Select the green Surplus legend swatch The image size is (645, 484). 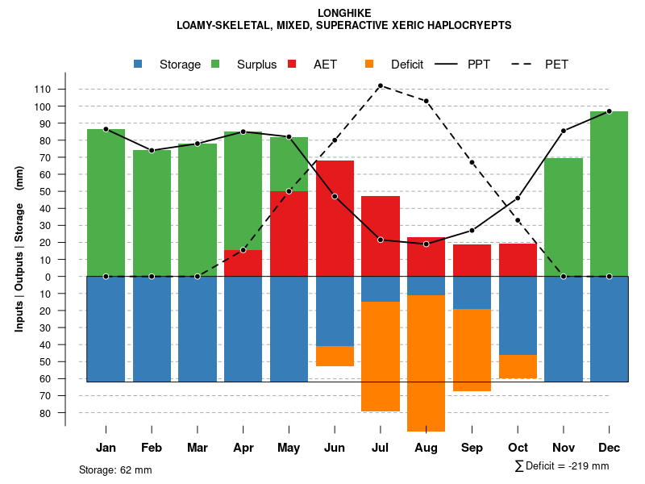[x=215, y=65]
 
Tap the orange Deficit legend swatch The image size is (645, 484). [x=369, y=65]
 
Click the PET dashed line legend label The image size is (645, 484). [x=556, y=65]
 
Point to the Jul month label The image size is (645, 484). [x=381, y=447]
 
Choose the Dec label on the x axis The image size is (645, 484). [x=609, y=447]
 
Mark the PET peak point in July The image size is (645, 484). [x=381, y=86]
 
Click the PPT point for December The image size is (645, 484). [x=609, y=111]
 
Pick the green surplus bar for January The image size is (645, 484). [x=106, y=202]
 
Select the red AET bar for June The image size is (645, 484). [x=335, y=218]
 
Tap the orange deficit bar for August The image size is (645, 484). [x=427, y=363]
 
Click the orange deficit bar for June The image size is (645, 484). [x=335, y=356]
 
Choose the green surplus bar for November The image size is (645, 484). [x=564, y=218]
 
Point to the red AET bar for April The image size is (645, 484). [x=243, y=263]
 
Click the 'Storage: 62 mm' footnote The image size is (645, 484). [x=115, y=469]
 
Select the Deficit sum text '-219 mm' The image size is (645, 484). [x=585, y=466]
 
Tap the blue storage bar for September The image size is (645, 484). [x=472, y=293]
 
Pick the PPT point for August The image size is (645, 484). [x=427, y=244]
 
